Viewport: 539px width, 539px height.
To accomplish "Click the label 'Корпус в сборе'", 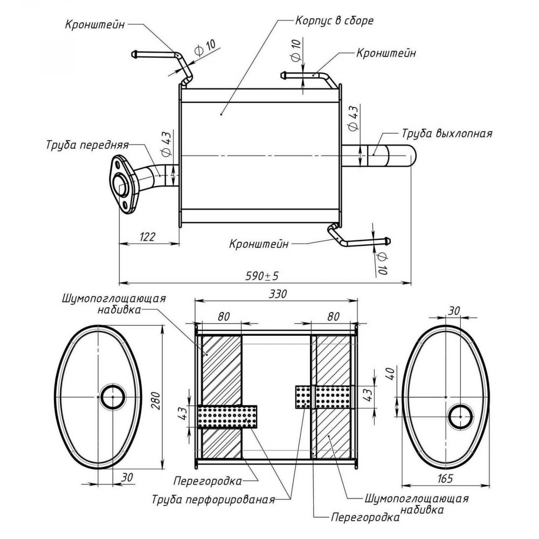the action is pos(334,20).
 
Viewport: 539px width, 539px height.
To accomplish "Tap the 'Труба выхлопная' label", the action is pos(447,133).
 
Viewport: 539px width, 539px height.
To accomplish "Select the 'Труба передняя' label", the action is pos(87,144).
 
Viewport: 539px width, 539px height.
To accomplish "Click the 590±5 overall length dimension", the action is pos(262,275).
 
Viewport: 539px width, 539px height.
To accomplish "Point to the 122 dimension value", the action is pos(148,237).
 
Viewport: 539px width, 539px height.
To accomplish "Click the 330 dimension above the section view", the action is pos(277,294).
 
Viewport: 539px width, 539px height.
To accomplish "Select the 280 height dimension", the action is pos(156,400).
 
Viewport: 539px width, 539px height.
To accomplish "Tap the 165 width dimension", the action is pos(445,478).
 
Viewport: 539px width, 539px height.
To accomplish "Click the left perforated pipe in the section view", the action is pos(227,417).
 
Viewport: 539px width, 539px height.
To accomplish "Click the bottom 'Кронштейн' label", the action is pos(259,244).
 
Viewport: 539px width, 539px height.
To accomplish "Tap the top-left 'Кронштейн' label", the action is pos(95,25).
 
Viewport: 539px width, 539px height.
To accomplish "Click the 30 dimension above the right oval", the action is pos(454,311).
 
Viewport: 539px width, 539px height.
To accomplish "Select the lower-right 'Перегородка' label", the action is pos(365,517).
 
